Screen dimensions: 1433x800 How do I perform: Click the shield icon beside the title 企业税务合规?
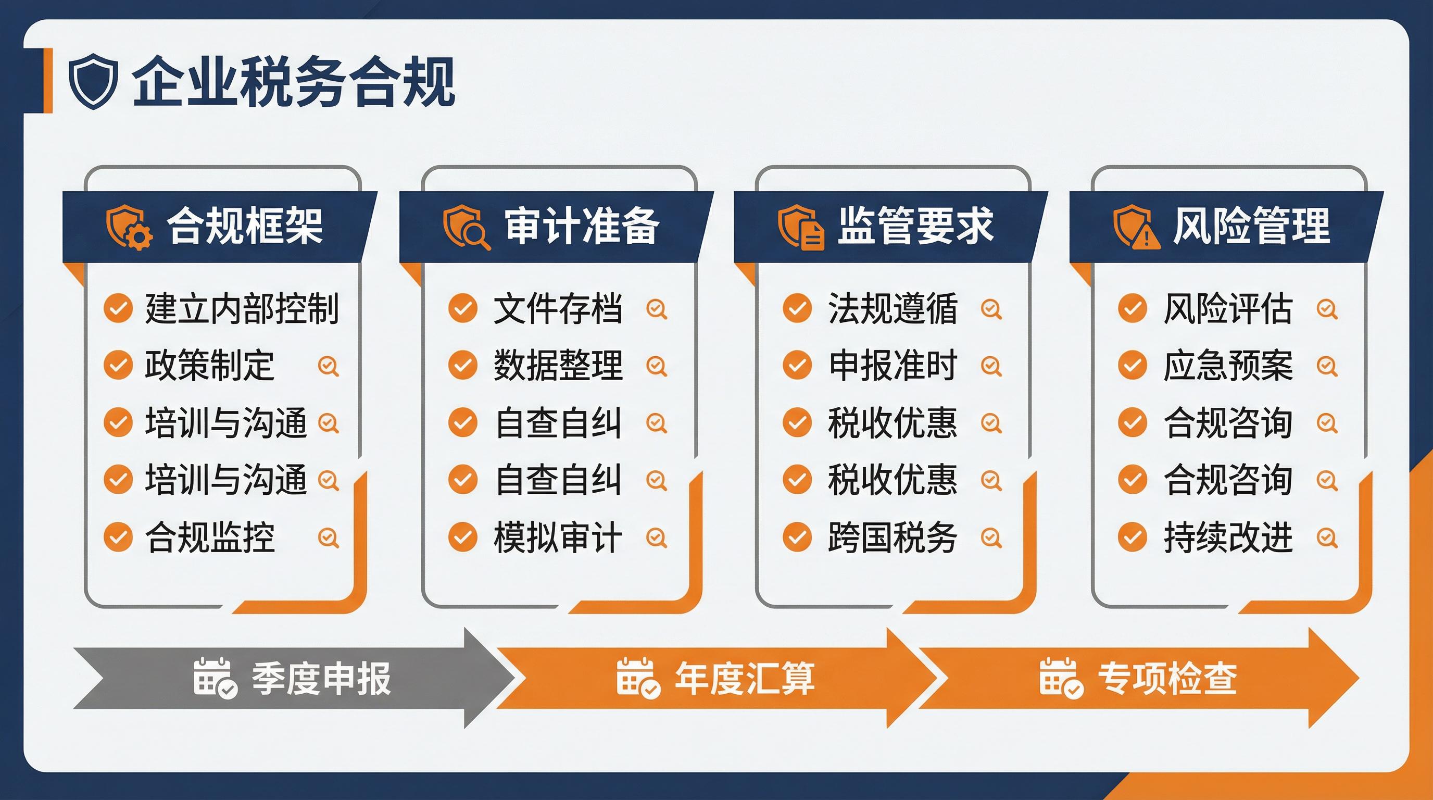(x=93, y=81)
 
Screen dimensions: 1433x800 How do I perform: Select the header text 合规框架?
(x=245, y=226)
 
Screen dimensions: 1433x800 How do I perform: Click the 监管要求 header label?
(x=915, y=226)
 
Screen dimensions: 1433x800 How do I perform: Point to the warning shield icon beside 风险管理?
(x=1136, y=227)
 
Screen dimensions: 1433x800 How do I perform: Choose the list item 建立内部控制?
(x=242, y=308)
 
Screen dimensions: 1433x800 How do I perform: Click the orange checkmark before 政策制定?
(x=118, y=365)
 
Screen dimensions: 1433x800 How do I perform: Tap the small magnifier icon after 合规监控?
(x=328, y=537)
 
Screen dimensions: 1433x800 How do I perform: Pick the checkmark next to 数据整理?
(x=463, y=365)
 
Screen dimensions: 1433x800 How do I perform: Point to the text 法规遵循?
(x=893, y=309)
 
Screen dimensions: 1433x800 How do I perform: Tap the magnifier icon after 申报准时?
(x=991, y=366)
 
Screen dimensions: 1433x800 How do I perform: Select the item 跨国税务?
(x=893, y=537)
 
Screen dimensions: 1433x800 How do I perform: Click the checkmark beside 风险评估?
(x=1133, y=308)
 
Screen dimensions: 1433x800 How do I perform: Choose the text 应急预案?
(x=1228, y=366)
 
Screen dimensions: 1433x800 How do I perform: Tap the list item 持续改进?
(x=1228, y=537)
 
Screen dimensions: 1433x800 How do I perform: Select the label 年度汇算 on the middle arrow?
(x=745, y=678)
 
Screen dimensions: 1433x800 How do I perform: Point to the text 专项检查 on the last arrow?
(x=1167, y=678)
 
